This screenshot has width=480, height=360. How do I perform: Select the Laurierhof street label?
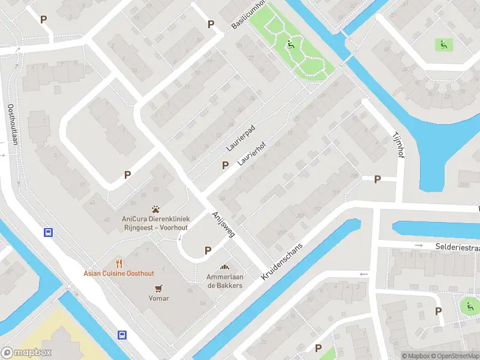click(x=251, y=154)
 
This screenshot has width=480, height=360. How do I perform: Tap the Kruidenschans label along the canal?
click(x=284, y=257)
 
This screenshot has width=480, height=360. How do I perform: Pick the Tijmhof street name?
click(x=397, y=145)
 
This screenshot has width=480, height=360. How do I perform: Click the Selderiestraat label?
click(x=457, y=247)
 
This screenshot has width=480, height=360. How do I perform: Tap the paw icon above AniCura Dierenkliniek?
click(x=156, y=209)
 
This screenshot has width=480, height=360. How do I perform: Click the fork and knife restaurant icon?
click(x=119, y=263)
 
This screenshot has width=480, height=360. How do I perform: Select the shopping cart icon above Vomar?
click(x=159, y=288)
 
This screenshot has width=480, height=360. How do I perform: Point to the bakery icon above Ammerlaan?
click(x=225, y=268)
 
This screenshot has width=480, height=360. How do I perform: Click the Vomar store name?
click(x=159, y=298)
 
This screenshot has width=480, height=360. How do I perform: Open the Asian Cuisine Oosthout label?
click(x=119, y=274)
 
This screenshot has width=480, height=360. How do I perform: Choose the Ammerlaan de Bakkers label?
click(x=224, y=281)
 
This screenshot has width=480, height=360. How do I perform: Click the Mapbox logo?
click(x=26, y=353)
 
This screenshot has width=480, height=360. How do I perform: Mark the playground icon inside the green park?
click(x=290, y=44)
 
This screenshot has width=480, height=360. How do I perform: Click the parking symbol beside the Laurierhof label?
click(x=226, y=165)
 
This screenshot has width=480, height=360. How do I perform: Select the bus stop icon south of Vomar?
click(x=122, y=335)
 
